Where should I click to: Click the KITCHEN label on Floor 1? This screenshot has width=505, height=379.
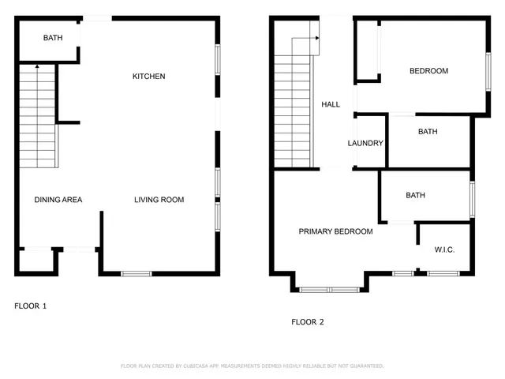click(x=148, y=77)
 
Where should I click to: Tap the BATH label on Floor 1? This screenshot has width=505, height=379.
click(x=53, y=38)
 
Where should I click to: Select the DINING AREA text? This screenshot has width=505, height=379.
click(x=58, y=200)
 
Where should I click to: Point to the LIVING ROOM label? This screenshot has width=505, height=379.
click(x=159, y=200)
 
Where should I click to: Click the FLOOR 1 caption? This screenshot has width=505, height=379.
click(x=31, y=306)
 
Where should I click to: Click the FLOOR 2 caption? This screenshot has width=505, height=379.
click(x=308, y=322)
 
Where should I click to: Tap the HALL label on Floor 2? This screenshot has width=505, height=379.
click(x=331, y=104)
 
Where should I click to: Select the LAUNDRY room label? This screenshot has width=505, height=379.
click(x=365, y=144)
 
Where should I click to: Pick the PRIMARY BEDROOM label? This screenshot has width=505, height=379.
click(x=335, y=231)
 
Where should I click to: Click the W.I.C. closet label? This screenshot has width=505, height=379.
click(x=444, y=250)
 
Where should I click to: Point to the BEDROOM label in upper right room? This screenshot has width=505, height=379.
click(x=428, y=71)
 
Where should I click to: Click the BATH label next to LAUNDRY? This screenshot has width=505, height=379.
click(x=428, y=132)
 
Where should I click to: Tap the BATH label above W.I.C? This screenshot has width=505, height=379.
click(x=415, y=195)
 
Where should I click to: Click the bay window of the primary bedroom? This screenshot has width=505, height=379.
click(x=330, y=290)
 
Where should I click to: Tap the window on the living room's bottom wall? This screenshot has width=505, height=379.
click(x=136, y=274)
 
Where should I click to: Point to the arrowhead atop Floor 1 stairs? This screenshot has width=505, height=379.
click(x=37, y=68)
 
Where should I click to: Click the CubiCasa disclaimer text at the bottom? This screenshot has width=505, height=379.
click(x=252, y=366)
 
